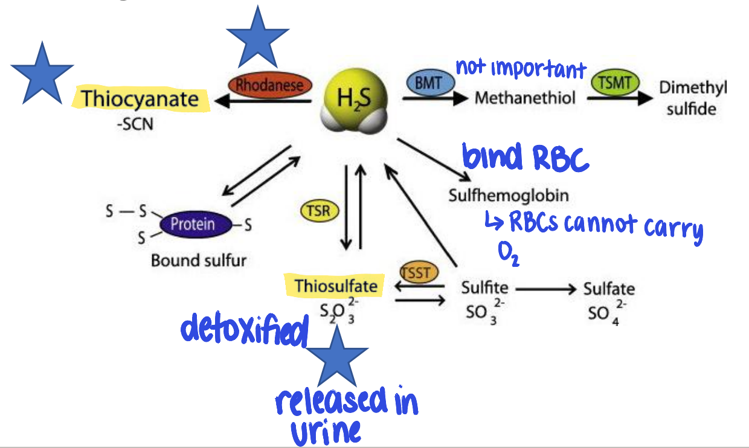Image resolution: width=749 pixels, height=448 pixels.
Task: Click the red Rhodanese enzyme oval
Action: click(x=266, y=86)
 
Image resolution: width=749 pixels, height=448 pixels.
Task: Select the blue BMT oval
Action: click(x=428, y=83)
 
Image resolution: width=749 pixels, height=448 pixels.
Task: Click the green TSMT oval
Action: click(x=615, y=83)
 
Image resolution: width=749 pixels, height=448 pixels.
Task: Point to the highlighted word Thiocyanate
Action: click(x=140, y=99)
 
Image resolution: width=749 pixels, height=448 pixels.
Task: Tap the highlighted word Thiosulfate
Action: click(x=335, y=285)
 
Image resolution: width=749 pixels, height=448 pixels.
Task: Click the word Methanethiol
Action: click(x=525, y=98)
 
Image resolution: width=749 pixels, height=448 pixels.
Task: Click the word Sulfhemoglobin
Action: click(x=509, y=196)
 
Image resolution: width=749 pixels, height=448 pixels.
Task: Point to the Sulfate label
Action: click(x=608, y=289)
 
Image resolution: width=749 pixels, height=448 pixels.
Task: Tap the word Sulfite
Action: click(x=484, y=288)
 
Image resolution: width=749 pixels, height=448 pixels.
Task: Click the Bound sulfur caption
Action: click(x=198, y=260)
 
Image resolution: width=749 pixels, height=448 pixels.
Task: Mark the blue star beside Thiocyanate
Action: click(x=41, y=72)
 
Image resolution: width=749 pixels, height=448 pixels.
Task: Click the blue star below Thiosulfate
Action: click(x=336, y=357)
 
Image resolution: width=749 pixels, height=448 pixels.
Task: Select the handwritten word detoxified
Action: click(x=245, y=330)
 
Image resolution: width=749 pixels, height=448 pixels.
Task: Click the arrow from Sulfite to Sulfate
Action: click(x=545, y=289)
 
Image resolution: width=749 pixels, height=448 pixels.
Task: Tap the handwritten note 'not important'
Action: click(x=520, y=69)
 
